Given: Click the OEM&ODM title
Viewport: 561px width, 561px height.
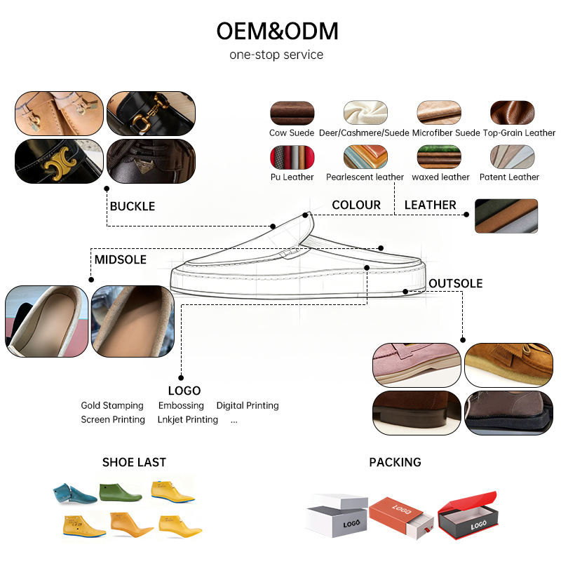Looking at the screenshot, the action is click(x=277, y=31).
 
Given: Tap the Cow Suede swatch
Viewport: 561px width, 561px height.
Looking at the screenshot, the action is click(x=292, y=113).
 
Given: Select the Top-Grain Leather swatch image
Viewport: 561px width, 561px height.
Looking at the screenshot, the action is click(x=512, y=113).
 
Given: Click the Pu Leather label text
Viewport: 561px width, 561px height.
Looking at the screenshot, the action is click(x=292, y=177).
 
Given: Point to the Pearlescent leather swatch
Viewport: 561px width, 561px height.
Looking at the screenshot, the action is click(x=365, y=156).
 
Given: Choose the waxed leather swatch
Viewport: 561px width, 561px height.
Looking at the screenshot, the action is click(x=439, y=156).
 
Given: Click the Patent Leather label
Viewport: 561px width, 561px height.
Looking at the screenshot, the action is click(x=509, y=177).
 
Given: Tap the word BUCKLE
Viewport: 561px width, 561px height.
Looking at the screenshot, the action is click(x=133, y=206).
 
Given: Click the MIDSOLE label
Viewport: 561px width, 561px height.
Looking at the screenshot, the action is click(x=120, y=259).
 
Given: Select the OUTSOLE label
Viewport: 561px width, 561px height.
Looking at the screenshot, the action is click(x=455, y=283).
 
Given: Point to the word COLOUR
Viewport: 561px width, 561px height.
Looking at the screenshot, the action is click(x=356, y=205).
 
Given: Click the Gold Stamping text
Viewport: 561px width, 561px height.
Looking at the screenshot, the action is click(x=112, y=405).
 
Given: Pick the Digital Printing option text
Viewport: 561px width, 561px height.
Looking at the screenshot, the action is click(x=248, y=405).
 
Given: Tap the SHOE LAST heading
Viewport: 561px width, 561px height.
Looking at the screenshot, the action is click(x=134, y=462).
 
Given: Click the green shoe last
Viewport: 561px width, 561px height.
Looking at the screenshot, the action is click(x=120, y=492).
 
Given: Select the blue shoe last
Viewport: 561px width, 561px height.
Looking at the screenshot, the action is click(x=74, y=494).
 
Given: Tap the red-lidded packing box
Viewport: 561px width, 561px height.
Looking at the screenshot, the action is click(x=468, y=515).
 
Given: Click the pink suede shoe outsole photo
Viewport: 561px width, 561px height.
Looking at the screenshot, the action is click(x=417, y=365).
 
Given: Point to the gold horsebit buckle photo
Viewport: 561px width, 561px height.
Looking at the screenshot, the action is click(x=151, y=113).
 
